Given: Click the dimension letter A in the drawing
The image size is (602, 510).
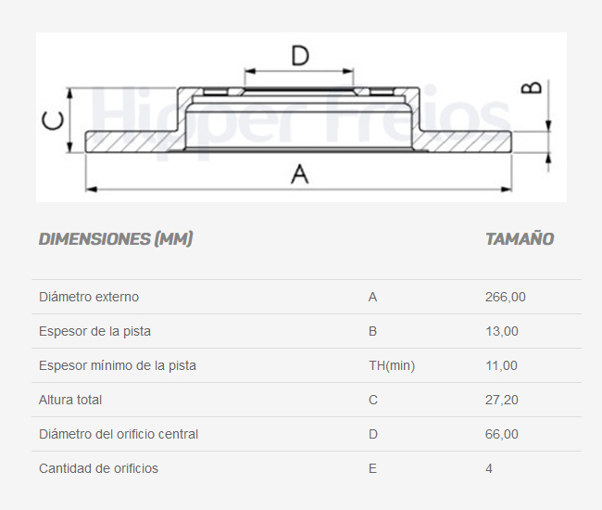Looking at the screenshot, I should coord(299,173).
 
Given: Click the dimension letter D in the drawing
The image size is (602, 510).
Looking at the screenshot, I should coord(299,56).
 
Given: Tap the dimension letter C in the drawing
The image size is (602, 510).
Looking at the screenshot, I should coord(55,121).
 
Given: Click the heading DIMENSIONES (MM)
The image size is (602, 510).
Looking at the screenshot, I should coord(116,239).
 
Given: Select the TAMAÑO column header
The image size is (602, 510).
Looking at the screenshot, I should coord(520,239).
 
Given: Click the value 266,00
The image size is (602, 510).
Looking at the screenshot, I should coord(505,297).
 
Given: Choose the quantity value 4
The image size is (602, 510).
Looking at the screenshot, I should coord(489,468).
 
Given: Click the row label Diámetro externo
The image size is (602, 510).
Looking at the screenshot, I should coord(89,297).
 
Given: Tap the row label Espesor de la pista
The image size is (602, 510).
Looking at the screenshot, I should coord(94,331).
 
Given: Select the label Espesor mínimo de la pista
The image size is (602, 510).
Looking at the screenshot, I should coord(118,365).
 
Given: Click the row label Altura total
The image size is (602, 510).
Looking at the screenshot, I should coord(70,400).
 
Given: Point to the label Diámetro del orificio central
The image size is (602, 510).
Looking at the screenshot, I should coord(119,434).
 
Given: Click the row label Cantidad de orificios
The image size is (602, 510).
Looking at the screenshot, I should coord(98,468).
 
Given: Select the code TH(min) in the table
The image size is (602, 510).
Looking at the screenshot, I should coord(391,365).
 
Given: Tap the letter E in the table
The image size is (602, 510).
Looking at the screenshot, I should coord(372,468).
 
